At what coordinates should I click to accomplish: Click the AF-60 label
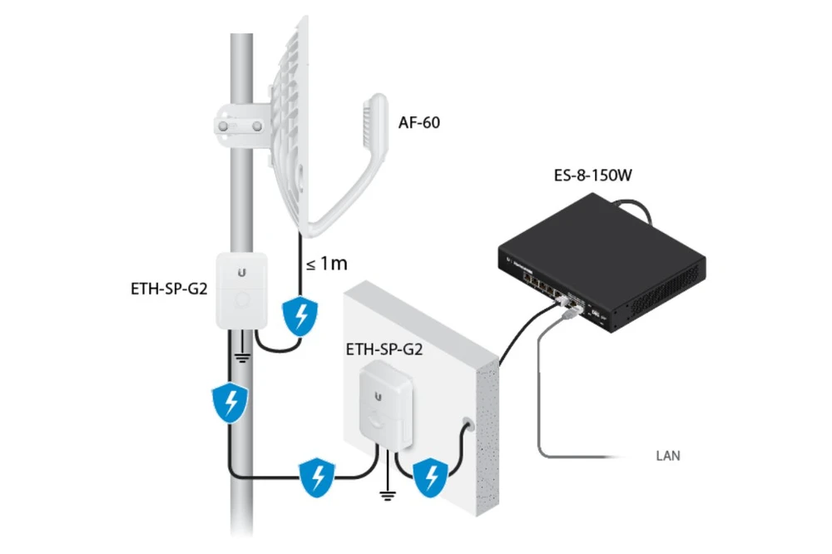pyautogui.click(x=418, y=122)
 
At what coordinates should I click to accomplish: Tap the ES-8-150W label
pyautogui.click(x=592, y=176)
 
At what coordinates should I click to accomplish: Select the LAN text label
pyautogui.click(x=668, y=456)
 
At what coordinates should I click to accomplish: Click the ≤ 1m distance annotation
pyautogui.click(x=327, y=263)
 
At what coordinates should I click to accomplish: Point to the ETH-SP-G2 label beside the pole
pyautogui.click(x=169, y=289)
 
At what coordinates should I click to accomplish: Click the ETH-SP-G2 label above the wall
pyautogui.click(x=384, y=349)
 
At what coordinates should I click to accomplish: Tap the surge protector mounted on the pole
pyautogui.click(x=241, y=290)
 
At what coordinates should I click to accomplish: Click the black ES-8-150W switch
pyautogui.click(x=602, y=263)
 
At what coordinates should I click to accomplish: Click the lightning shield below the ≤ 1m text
pyautogui.click(x=300, y=316)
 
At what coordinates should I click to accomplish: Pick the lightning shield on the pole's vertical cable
pyautogui.click(x=230, y=403)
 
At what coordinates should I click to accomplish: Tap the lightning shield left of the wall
pyautogui.click(x=317, y=477)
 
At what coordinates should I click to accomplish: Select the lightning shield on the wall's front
pyautogui.click(x=430, y=478)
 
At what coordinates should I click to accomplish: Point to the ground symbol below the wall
pyautogui.click(x=388, y=496)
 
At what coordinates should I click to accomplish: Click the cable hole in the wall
pyautogui.click(x=467, y=424)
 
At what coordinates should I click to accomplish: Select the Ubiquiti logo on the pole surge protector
pyautogui.click(x=242, y=273)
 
